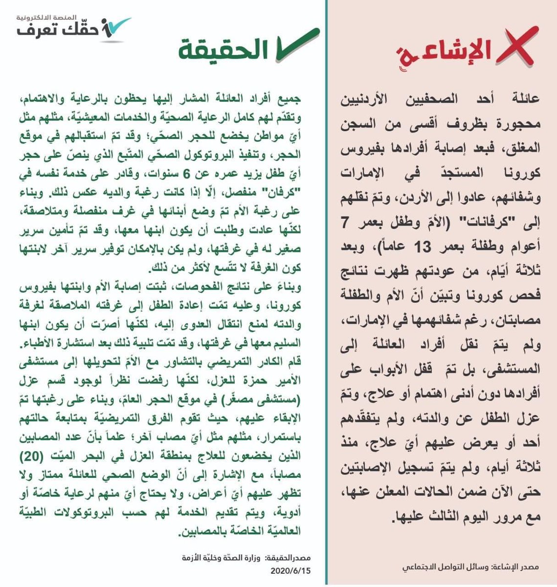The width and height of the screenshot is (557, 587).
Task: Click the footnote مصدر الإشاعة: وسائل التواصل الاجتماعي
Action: [470, 567]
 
